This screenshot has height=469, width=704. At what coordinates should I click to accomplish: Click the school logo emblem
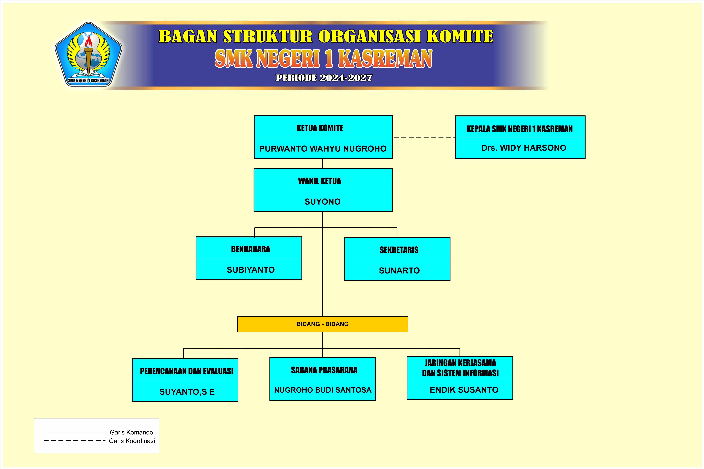(88, 54)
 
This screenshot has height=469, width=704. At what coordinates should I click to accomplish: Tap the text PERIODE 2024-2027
(324, 78)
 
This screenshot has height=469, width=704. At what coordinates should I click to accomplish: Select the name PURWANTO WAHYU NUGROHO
(323, 149)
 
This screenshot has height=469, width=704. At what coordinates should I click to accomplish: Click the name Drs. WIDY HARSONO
(523, 148)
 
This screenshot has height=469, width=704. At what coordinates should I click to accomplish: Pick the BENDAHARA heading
(251, 249)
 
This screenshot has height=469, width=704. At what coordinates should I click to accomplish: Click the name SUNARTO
(399, 271)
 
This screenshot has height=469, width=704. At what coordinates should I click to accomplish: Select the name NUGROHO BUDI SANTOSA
(323, 390)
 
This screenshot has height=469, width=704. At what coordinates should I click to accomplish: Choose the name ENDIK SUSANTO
(464, 390)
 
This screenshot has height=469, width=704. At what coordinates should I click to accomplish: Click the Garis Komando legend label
(131, 432)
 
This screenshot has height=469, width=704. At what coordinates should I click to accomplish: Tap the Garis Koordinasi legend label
(132, 441)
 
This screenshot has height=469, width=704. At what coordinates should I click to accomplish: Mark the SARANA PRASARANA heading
(324, 370)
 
